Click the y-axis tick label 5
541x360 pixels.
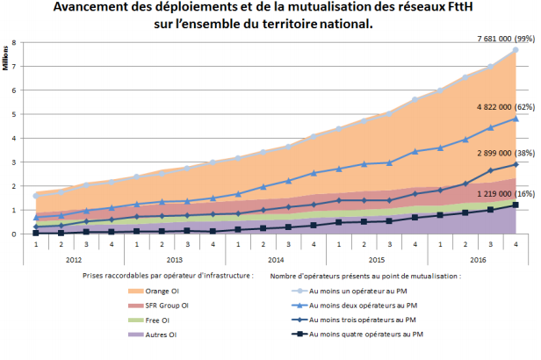tap(13, 114)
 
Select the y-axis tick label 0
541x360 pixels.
tap(13, 234)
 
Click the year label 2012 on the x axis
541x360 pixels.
tap(76, 260)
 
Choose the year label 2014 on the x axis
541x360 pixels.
tap(275, 260)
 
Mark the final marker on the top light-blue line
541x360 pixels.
tap(516, 50)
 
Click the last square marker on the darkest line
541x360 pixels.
tap(516, 205)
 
